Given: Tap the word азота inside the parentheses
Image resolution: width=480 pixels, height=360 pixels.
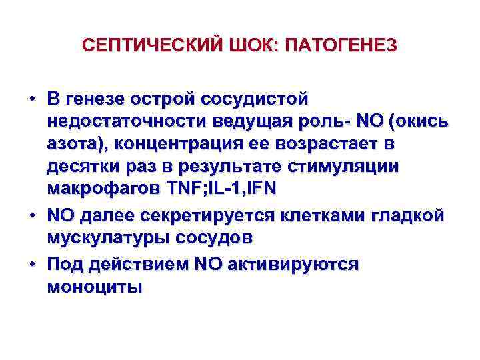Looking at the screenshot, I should click(71, 145).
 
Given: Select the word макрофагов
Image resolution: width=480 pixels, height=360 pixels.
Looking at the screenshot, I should click(99, 189).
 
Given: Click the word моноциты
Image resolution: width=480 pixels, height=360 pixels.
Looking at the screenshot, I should click(94, 287).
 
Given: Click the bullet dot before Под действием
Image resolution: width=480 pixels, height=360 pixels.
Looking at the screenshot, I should click(32, 265).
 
